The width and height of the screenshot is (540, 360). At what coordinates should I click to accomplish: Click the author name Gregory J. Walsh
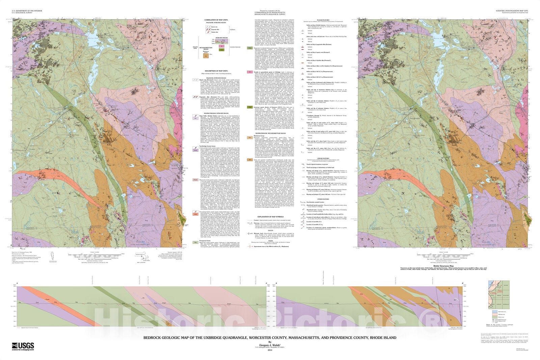269,345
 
